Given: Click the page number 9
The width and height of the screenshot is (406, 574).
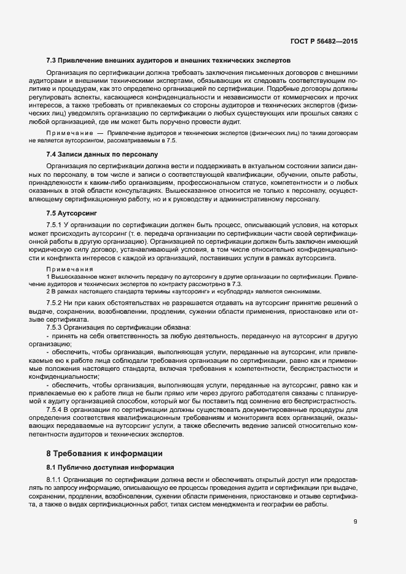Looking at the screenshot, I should [x=356, y=522].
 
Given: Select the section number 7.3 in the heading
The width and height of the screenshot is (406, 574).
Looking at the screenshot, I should [x=52, y=61].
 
